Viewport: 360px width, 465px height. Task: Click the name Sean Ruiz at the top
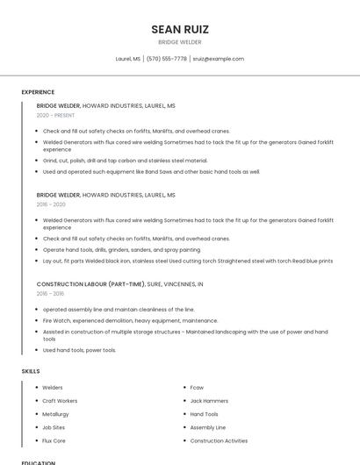[x=180, y=29]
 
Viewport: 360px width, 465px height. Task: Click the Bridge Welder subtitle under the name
[x=180, y=42]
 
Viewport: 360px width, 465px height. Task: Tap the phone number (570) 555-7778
[x=166, y=59]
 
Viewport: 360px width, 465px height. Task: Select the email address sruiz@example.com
[x=219, y=59]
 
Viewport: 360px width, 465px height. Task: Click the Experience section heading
[x=38, y=92]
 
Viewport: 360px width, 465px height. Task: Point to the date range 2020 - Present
[x=55, y=115]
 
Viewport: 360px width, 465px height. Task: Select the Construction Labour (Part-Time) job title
[x=90, y=284]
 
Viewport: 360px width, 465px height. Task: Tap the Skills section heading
[x=31, y=371]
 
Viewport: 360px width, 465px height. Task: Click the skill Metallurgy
[x=55, y=414]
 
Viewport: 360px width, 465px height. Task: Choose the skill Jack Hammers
[x=209, y=401]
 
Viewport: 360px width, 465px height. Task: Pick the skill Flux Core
[x=54, y=440]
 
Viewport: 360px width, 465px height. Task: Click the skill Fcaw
[x=197, y=387]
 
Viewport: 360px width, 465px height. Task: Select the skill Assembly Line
[x=208, y=427]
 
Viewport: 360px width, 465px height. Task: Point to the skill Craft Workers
[x=60, y=401]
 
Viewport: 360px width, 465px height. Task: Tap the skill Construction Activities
[x=219, y=440]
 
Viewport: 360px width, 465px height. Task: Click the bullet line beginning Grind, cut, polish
[x=126, y=161]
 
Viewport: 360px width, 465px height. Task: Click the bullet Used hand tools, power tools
[x=80, y=350]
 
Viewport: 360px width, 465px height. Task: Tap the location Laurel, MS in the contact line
[x=127, y=59]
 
